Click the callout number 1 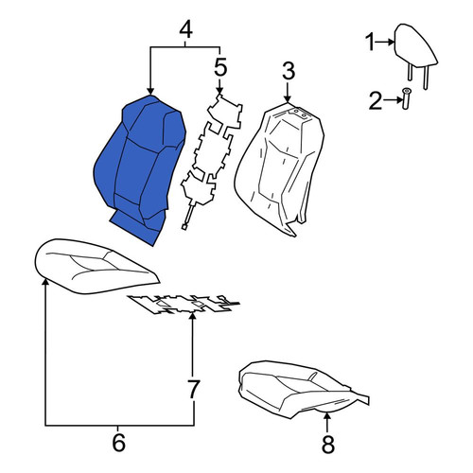370,43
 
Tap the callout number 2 376,101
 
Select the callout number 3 289,71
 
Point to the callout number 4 185,30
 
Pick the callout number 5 220,67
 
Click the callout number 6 118,443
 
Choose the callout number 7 193,389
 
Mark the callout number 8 328,445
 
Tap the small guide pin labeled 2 406,98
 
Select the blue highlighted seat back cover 140,169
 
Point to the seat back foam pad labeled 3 279,169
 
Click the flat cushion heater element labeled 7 183,305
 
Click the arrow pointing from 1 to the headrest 385,42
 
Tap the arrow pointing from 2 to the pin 393,100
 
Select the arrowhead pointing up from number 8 327,417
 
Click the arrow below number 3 288,92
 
